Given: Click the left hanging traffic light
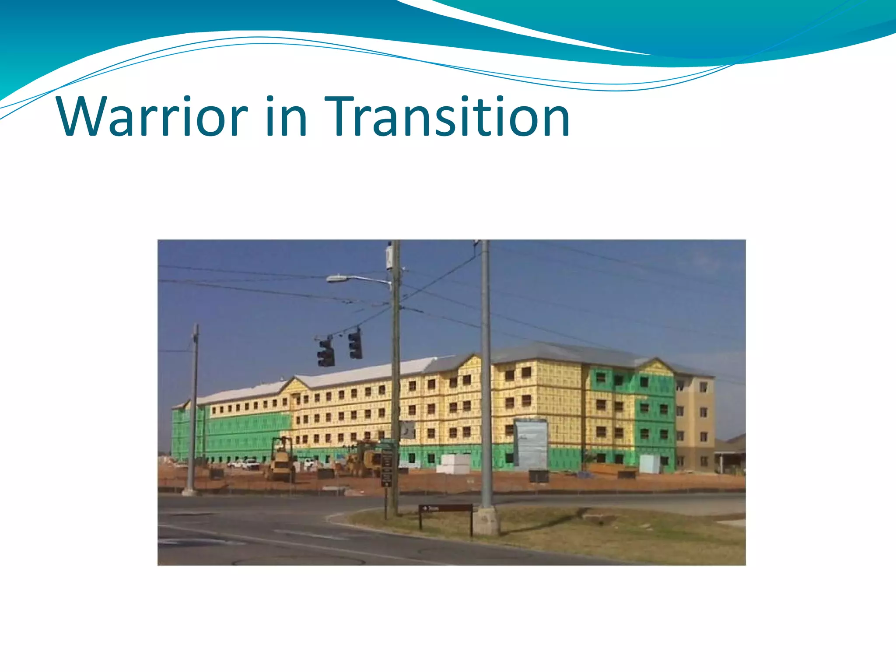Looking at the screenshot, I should pyautogui.click(x=326, y=352).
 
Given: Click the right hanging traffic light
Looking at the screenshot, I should pyautogui.click(x=356, y=345).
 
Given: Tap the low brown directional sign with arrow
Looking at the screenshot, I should pyautogui.click(x=445, y=508).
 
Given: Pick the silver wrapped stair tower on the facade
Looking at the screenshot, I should pyautogui.click(x=531, y=444).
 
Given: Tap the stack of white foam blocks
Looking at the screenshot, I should pyautogui.click(x=454, y=464).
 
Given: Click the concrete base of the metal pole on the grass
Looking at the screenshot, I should pyautogui.click(x=486, y=521).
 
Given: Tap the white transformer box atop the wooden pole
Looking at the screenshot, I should pyautogui.click(x=389, y=258).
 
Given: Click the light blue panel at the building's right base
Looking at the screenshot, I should pyautogui.click(x=649, y=464).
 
